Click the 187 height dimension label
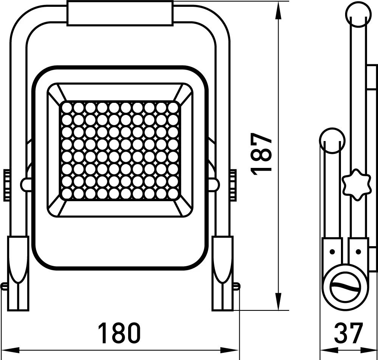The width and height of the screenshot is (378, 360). pyautogui.click(x=261, y=153)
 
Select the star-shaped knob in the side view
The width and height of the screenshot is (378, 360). pyautogui.click(x=356, y=184)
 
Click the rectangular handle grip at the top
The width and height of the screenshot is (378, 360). pyautogui.click(x=120, y=13)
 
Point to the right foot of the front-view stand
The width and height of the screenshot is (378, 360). pyautogui.click(x=223, y=273)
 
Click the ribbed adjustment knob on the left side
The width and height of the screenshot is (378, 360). pyautogui.click(x=6, y=185)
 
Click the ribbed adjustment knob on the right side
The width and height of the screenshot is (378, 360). pyautogui.click(x=233, y=185)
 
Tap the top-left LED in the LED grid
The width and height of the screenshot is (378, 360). pyautogui.click(x=67, y=107)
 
